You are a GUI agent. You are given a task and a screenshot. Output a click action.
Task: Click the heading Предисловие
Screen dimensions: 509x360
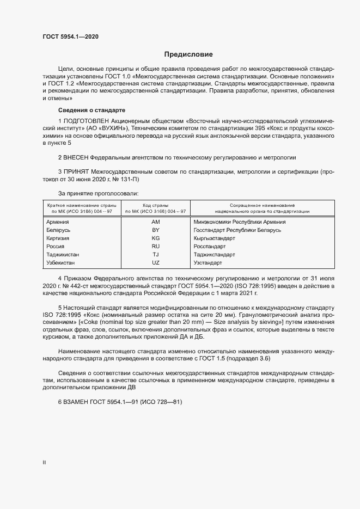click(188, 54)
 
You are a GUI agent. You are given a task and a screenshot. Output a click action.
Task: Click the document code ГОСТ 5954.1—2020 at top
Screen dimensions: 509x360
click(70, 36)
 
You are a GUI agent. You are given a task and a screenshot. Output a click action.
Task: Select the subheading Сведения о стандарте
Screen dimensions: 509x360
click(91, 110)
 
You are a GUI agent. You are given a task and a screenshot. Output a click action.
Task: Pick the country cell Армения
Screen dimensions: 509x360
click(58, 222)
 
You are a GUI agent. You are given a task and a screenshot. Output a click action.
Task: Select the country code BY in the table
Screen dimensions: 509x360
click(155, 230)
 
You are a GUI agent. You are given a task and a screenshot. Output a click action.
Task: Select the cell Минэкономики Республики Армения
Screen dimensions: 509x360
click(240, 222)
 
